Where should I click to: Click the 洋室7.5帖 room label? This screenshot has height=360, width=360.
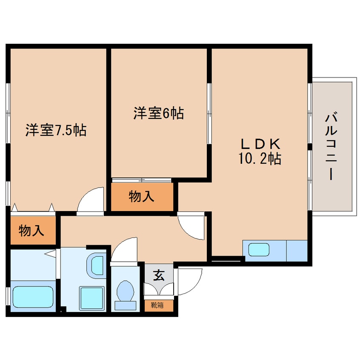tap(56, 130)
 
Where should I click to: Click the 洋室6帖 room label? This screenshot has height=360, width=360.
tap(158, 113)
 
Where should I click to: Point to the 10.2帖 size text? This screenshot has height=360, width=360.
tap(259, 159)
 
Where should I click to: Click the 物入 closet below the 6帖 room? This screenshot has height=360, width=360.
tap(142, 197)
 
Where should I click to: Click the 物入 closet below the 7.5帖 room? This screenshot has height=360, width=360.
tap(31, 230)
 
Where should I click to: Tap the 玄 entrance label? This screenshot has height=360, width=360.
tap(158, 276)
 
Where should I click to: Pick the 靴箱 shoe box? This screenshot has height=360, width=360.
tap(158, 305)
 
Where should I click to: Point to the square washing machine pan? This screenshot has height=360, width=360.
tap(91, 297)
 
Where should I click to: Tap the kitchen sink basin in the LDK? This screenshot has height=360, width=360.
tap(259, 250)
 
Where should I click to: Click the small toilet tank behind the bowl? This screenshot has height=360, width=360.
tap(125, 305)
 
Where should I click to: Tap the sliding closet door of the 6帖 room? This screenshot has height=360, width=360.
tap(142, 180)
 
